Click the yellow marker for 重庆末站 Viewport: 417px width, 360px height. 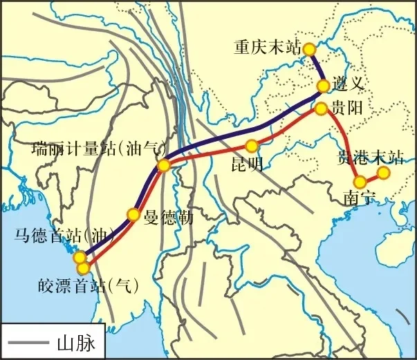coord(309,49)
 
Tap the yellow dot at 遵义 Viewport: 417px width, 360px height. coord(323,86)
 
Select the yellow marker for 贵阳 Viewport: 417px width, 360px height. coord(321,108)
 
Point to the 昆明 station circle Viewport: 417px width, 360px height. coord(252,146)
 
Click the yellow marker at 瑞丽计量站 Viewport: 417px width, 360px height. coord(164,165)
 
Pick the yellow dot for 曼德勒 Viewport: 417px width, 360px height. coord(133,214)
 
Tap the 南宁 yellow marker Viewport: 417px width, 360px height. coord(360,182)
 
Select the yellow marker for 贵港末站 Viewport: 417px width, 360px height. coord(384,172)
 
